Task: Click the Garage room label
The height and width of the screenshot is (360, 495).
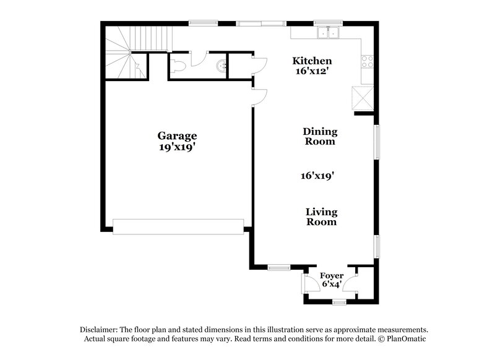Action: click(x=177, y=135)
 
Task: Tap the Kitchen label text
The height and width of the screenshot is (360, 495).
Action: click(x=312, y=61)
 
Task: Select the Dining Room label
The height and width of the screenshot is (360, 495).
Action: click(x=320, y=136)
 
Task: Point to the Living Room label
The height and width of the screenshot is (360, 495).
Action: click(x=321, y=216)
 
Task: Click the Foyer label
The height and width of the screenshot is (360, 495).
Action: click(x=332, y=275)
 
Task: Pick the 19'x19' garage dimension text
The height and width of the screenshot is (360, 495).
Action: click(x=176, y=147)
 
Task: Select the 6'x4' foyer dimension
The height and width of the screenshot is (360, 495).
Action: click(x=331, y=284)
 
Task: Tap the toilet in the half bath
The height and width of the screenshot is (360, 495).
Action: click(x=178, y=66)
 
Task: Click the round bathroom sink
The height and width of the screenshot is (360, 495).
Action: click(x=222, y=66)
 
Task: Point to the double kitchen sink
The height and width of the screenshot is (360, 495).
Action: click(x=329, y=32)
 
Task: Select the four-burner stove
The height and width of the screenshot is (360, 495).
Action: click(x=368, y=61)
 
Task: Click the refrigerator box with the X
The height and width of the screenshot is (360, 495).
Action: click(x=363, y=98)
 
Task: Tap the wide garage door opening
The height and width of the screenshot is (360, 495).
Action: click(x=178, y=227)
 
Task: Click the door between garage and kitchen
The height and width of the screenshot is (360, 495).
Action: click(x=259, y=97)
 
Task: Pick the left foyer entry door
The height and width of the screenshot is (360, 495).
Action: click(x=311, y=283)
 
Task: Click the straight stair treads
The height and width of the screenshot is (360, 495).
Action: click(x=151, y=38)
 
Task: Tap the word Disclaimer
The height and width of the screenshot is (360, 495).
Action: click(x=98, y=330)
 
